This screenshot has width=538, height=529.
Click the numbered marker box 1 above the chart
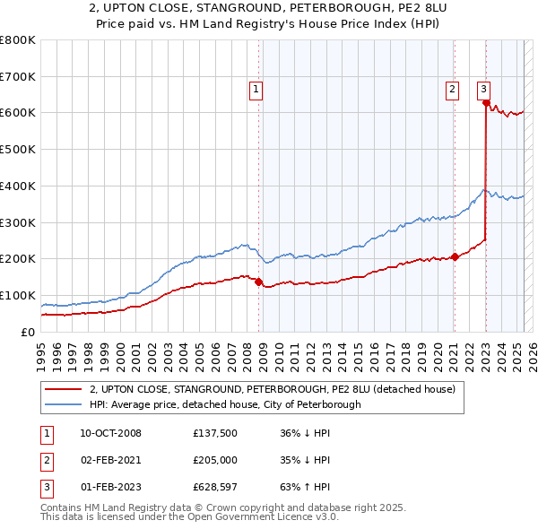point(256,89)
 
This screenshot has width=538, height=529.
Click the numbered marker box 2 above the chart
point(452,89)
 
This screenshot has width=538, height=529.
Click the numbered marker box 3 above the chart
point(483,89)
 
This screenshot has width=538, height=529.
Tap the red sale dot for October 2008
point(259,282)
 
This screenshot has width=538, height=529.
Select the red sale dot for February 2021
point(455,256)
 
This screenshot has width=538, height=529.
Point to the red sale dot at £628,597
point(486,102)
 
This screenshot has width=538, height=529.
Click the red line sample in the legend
point(63,390)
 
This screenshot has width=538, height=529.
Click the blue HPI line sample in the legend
point(63,404)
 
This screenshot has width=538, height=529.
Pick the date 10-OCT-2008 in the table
point(110,433)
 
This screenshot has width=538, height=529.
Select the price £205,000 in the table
point(214,460)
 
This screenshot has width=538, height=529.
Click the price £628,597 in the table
point(214,487)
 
